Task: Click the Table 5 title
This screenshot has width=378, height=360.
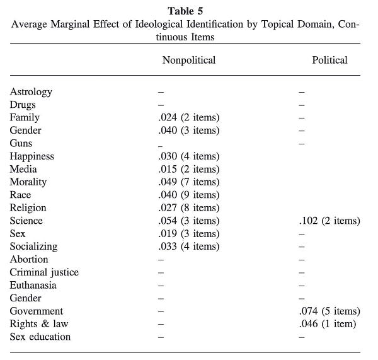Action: pyautogui.click(x=185, y=11)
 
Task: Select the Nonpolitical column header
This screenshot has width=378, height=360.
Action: pyautogui.click(x=189, y=60)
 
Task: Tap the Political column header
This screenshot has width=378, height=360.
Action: pyautogui.click(x=329, y=60)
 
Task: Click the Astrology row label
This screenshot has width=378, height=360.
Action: pyautogui.click(x=31, y=92)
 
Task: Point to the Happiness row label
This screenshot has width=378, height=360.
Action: pyautogui.click(x=32, y=156)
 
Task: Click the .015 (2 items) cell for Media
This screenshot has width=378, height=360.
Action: pyautogui.click(x=189, y=169)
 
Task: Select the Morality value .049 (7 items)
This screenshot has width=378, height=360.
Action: pyautogui.click(x=189, y=182)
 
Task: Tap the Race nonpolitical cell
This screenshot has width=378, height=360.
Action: pyautogui.click(x=189, y=195)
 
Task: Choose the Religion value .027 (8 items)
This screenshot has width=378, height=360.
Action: pyautogui.click(x=189, y=208)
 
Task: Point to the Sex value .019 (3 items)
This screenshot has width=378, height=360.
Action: pyautogui.click(x=189, y=233)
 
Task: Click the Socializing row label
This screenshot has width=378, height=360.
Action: pyautogui.click(x=33, y=247)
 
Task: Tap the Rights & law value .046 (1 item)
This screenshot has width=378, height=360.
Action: pyautogui.click(x=328, y=324)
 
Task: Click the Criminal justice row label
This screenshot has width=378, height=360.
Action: pyautogui.click(x=44, y=272)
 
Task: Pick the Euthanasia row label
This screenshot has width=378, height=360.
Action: pyautogui.click(x=33, y=285)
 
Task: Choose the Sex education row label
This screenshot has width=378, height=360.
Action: pyautogui.click(x=40, y=337)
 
